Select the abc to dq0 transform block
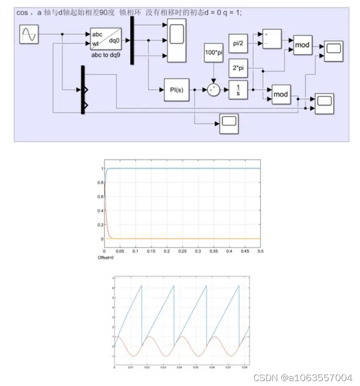pyautogui.click(x=106, y=39)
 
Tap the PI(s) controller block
pyautogui.click(x=176, y=90)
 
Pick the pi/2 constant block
pyautogui.click(x=238, y=43)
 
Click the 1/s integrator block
pyautogui.click(x=238, y=90)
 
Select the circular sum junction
pyautogui.click(x=213, y=90)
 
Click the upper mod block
pyautogui.click(x=302, y=45)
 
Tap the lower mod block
pyautogui.click(x=280, y=94)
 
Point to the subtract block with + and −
pyautogui.click(x=272, y=39)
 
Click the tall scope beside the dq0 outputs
pyautogui.click(x=176, y=40)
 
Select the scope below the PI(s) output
pyautogui.click(x=228, y=123)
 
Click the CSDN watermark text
pyautogui.click(x=303, y=378)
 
